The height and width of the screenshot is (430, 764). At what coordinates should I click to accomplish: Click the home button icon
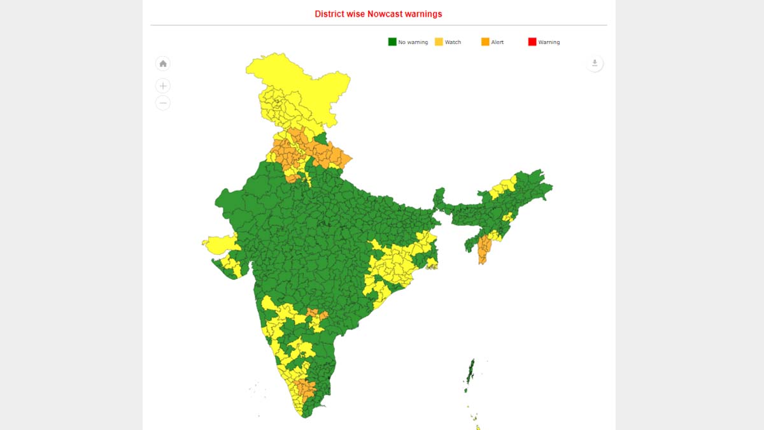tap(163, 64)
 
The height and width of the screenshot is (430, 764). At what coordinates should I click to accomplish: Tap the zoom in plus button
tap(163, 86)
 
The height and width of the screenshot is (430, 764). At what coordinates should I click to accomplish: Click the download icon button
tap(595, 63)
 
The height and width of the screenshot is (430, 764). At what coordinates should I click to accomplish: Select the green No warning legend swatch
tap(392, 42)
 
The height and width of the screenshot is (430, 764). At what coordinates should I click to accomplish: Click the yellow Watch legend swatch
tap(439, 42)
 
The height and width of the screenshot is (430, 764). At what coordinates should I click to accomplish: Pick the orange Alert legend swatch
tap(485, 42)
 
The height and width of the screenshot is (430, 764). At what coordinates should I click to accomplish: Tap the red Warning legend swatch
tap(532, 42)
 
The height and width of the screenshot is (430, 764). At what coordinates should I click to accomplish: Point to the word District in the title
tap(330, 13)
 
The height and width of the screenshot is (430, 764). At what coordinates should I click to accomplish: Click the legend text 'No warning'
tap(413, 43)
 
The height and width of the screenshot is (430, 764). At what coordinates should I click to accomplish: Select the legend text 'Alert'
tap(497, 43)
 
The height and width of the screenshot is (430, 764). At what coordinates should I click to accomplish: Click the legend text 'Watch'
tap(453, 43)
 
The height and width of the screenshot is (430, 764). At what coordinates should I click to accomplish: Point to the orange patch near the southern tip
tap(306, 390)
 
